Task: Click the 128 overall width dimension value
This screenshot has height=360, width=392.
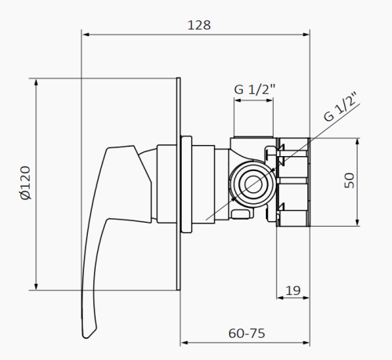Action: tap(199, 24)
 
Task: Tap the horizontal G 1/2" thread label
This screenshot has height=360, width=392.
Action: tap(252, 90)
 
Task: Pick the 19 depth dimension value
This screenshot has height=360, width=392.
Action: tap(292, 290)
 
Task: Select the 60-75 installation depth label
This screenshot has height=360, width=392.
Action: tap(246, 333)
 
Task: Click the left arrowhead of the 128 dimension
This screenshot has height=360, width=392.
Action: tap(86, 35)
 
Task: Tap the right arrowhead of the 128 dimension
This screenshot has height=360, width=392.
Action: tap(307, 35)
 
